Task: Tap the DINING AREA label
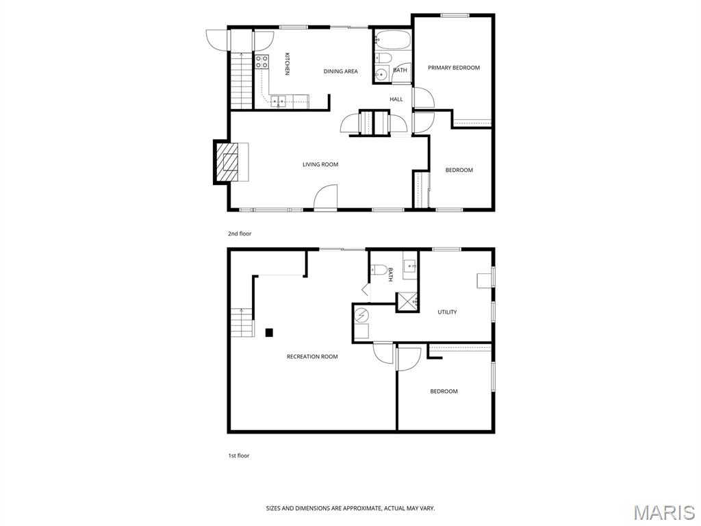341,71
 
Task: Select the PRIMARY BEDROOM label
454,68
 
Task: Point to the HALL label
396,99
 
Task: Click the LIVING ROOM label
320,164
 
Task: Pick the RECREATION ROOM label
312,357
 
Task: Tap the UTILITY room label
447,312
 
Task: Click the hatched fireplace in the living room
228,162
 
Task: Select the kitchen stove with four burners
262,63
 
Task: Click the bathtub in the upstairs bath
392,39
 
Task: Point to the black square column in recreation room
269,333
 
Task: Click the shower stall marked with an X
408,301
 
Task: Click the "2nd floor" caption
240,234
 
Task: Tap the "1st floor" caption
238,455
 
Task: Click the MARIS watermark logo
663,512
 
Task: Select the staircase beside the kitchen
242,81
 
